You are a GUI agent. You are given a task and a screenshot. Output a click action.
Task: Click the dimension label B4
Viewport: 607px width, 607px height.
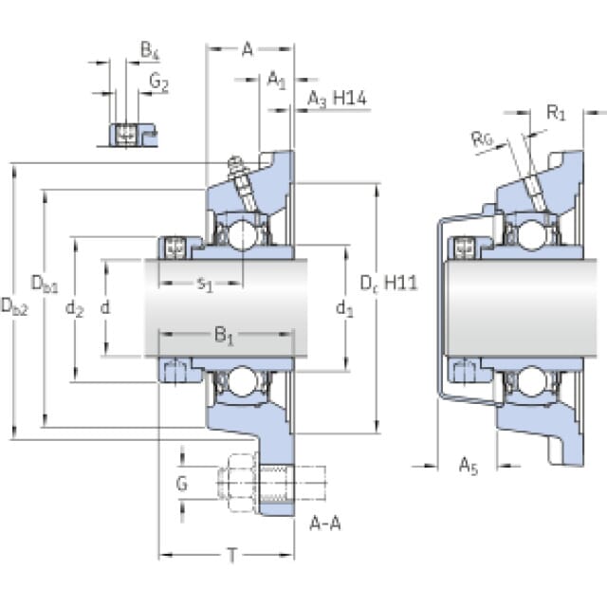coord(150,50)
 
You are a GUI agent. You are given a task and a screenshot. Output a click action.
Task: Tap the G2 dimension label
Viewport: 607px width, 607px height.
coord(159,83)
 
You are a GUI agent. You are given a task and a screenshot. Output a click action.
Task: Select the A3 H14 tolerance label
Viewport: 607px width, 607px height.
coord(337,99)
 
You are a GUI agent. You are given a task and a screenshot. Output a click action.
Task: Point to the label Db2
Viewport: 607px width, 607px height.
coord(15,306)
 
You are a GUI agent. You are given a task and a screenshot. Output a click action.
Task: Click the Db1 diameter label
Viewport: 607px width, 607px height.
coord(45,284)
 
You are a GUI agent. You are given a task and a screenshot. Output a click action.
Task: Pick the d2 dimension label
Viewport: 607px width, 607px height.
coord(74,309)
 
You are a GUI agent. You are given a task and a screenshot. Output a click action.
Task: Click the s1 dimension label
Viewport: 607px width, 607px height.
coord(205,285)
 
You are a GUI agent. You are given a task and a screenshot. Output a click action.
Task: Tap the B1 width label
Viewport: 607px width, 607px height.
coord(224,335)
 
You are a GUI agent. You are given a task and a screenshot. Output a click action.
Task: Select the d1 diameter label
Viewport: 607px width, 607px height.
coord(344,309)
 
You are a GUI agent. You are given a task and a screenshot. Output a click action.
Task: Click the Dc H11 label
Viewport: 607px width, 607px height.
coord(389,284)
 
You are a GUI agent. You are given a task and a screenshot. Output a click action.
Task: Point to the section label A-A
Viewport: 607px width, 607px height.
coord(325,524)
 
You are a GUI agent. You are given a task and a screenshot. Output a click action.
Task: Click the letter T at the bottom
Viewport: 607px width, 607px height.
coord(232,556)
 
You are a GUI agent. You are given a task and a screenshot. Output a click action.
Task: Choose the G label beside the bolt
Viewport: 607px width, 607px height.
coord(181,484)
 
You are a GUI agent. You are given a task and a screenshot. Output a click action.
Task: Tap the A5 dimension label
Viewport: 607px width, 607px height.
coord(469,466)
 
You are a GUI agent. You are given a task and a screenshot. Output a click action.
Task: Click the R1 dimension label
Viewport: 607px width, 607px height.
coord(556,113)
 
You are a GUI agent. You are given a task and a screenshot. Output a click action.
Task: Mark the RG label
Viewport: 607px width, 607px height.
coord(482,138)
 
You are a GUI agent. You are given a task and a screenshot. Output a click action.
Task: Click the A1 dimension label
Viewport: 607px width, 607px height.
coord(276,80)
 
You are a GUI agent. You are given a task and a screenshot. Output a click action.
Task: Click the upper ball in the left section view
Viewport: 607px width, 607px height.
coord(243,235)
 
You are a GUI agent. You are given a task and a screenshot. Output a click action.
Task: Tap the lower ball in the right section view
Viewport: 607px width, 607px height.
coord(532,381)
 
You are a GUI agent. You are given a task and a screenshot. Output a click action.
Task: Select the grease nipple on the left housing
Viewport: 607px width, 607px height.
coord(235,167)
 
